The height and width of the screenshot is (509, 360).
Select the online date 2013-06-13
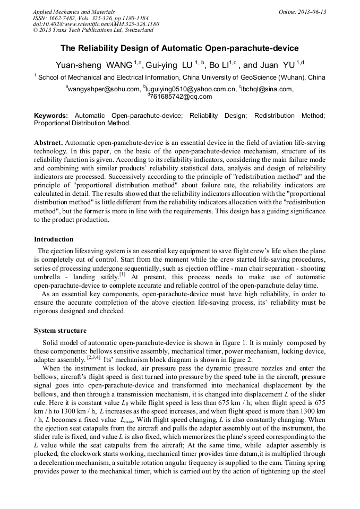coord(311,11)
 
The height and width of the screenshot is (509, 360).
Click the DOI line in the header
coord(96,24)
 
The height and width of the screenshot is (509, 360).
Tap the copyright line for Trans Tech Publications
coord(93,30)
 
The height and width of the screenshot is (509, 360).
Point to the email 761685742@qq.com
coord(181,97)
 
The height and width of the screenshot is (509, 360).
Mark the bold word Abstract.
coord(49,143)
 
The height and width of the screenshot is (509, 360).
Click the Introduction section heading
coord(54,239)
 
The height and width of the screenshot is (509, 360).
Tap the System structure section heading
coord(60,330)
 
